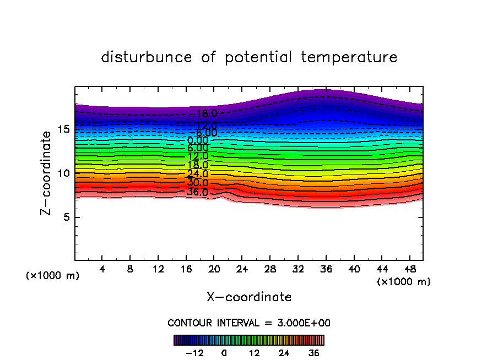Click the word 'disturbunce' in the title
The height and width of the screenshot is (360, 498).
pos(147,57)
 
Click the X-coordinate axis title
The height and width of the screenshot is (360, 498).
pos(249,297)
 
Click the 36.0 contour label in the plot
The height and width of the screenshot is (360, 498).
pos(197,192)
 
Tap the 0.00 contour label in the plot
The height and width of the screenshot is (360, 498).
pos(197,140)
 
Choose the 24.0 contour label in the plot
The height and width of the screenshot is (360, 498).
pos(197,174)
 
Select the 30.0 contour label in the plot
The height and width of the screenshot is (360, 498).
pos(197,183)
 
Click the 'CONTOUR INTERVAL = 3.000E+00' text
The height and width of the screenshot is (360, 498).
pos(249,323)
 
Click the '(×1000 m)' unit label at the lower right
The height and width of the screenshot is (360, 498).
pos(403,282)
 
